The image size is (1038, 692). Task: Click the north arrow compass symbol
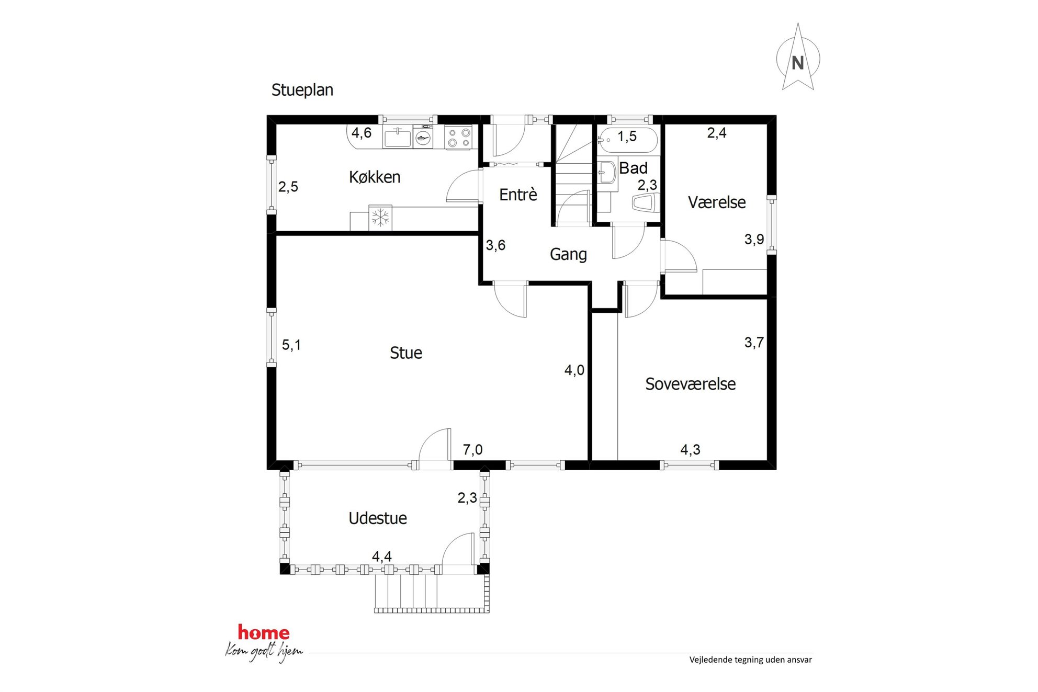click(797, 58)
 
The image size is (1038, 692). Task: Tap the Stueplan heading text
click(302, 90)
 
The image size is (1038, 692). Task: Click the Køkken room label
click(375, 177)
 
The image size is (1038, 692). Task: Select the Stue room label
click(406, 353)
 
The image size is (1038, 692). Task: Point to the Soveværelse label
click(690, 384)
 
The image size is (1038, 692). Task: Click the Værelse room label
click(717, 202)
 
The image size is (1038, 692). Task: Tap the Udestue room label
click(378, 518)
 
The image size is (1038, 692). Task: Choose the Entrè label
click(518, 194)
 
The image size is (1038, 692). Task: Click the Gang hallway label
click(568, 254)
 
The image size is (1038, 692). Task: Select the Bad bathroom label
click(633, 168)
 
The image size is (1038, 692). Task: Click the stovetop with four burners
click(458, 137)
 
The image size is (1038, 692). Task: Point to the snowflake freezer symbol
click(380, 218)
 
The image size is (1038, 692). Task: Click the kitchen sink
click(398, 138)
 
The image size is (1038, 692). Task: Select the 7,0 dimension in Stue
click(472, 449)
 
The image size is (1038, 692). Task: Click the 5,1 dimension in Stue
click(291, 345)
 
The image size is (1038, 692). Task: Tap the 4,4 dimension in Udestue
click(382, 557)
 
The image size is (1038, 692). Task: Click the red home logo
click(264, 632)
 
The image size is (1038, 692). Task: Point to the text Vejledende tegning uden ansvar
click(750, 660)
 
